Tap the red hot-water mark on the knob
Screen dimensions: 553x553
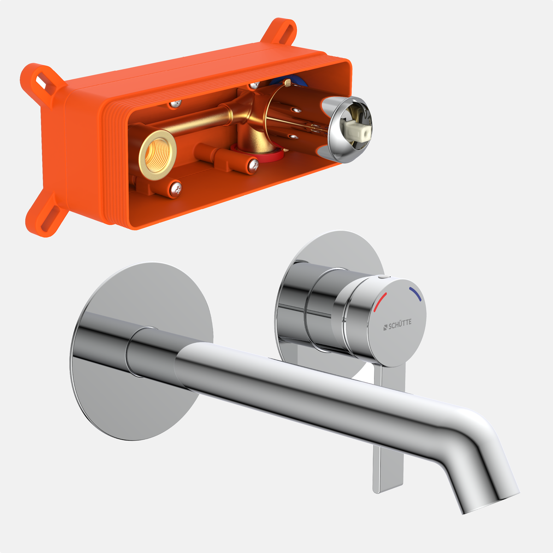click(x=380, y=302)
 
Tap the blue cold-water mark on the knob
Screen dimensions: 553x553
click(x=416, y=294)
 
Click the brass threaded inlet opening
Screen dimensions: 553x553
click(x=157, y=155)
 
